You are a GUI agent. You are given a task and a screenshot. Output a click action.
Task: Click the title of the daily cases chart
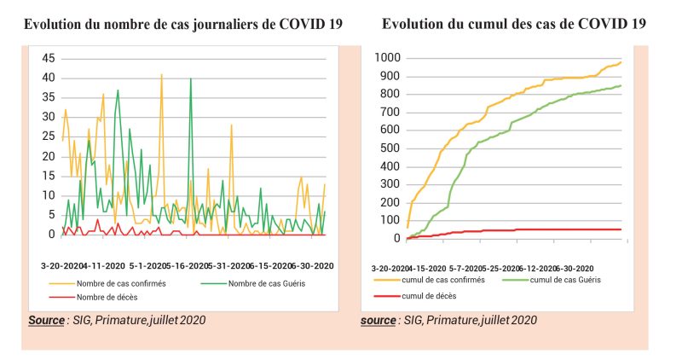click(183, 25)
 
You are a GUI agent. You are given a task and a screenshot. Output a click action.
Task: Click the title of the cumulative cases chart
click(513, 25)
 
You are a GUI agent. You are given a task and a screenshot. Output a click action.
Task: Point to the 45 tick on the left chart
click(49, 58)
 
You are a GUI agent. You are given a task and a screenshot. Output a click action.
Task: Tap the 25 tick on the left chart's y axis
click(49, 136)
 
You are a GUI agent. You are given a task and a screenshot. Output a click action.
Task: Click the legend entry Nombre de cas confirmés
click(122, 282)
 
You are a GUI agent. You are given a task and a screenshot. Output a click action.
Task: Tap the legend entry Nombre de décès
click(107, 297)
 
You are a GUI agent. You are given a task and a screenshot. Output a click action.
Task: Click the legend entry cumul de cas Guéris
click(572, 279)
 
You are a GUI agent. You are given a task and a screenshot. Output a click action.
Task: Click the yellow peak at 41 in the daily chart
click(161, 75)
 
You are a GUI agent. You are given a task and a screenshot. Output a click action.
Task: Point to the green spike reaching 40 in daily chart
click(190, 78)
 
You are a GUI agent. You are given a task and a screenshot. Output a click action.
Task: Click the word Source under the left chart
click(46, 320)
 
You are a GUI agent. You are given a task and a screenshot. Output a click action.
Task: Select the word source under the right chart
click(378, 320)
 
